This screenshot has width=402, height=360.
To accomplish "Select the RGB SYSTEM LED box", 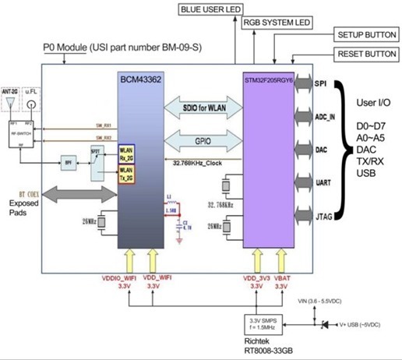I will (x=276, y=23).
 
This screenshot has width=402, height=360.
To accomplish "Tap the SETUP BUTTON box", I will (x=366, y=36).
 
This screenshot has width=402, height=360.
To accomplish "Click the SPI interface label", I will (x=319, y=83).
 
